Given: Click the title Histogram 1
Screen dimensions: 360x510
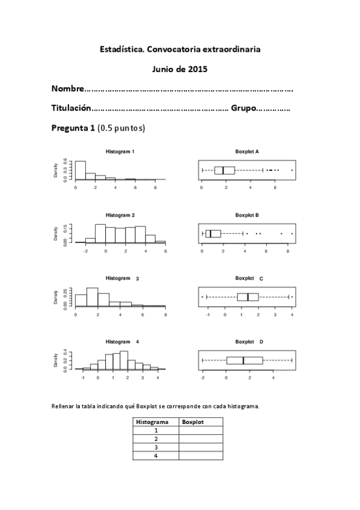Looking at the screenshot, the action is coord(120,152).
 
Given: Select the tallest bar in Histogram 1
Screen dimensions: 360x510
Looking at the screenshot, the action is coord(80,170).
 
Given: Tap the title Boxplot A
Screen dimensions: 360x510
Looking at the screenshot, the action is coord(247,152).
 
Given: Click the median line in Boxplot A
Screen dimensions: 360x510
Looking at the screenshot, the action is coord(223,170).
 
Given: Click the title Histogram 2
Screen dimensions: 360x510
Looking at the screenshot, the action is coord(120,215).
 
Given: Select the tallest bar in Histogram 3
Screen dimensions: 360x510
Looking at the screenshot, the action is coord(92,296).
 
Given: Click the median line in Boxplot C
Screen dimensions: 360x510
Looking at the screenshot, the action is coord(248,296).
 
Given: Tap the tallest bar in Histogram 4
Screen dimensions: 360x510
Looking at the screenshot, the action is coord(124,360).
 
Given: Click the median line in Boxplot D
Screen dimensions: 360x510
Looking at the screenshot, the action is coord(243,360).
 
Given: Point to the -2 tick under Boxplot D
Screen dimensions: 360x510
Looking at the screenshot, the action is coord(203,373).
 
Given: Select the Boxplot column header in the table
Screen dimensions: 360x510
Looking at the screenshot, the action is coord(193,422).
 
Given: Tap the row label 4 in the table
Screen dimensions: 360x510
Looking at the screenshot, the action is coord(156,456).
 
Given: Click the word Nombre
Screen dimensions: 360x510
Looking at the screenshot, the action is coord(67,89).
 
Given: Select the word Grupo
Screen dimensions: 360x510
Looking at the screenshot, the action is coord(243,109).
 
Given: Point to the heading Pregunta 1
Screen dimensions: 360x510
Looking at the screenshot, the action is coord(73,128).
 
